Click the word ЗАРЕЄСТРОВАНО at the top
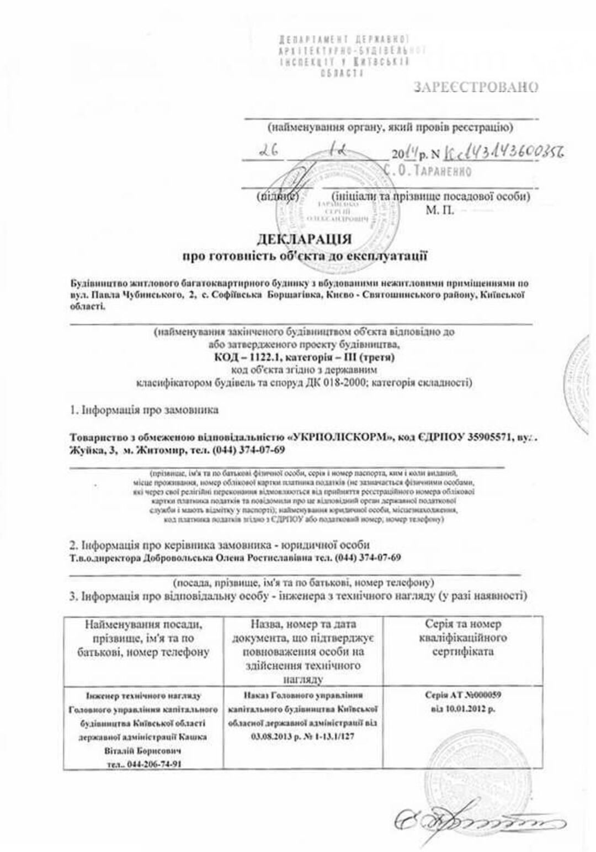[x=476, y=87]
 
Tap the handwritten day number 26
[x=270, y=151]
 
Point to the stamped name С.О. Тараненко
[x=429, y=171]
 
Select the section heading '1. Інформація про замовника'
[x=144, y=410]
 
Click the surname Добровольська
[x=175, y=558]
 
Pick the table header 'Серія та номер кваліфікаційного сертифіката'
[x=462, y=638]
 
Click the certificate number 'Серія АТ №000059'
[x=463, y=695]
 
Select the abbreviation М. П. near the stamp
[x=440, y=211]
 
